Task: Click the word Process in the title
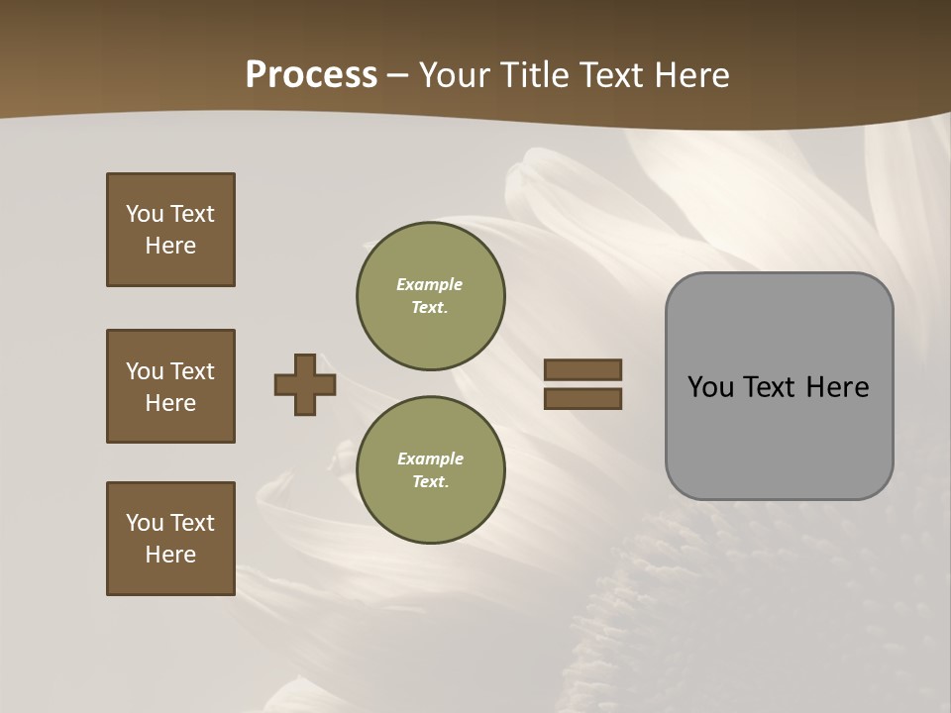pos(311,75)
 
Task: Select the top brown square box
pos(170,230)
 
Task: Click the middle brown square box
pos(170,386)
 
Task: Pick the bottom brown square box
pos(170,538)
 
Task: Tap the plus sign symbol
pos(305,384)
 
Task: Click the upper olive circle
pos(430,296)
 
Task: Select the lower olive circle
pos(430,469)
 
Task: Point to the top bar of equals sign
pos(582,369)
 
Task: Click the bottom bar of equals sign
pos(582,399)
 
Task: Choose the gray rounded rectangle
pos(779,436)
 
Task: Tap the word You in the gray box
pos(711,387)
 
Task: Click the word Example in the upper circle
pos(429,284)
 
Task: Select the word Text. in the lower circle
pos(430,481)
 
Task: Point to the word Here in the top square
pos(170,246)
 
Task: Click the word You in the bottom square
pos(145,523)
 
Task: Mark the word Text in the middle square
pos(192,371)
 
